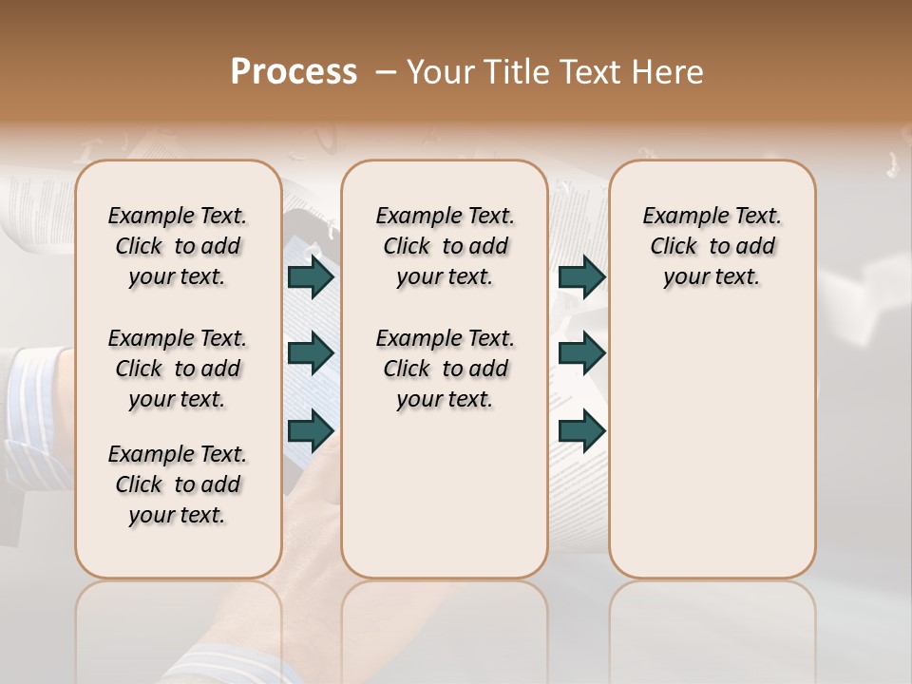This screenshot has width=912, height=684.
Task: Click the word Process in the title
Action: point(294,72)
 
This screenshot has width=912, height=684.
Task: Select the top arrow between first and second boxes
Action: point(310,276)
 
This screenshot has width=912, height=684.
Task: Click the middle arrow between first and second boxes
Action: point(310,353)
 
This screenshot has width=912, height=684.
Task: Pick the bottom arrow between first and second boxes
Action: point(310,431)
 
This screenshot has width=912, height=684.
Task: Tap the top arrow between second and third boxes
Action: point(581,276)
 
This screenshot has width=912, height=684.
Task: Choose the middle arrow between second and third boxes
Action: point(581,353)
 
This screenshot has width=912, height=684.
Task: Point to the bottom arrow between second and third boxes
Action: point(581,431)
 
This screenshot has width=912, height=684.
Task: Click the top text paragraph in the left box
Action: point(178,246)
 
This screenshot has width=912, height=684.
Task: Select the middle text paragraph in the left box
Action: point(178,369)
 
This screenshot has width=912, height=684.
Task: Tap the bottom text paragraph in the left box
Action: point(178,484)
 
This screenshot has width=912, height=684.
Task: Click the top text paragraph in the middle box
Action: point(445,246)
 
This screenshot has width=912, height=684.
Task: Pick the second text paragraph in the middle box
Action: point(445,369)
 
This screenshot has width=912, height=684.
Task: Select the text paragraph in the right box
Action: point(712,246)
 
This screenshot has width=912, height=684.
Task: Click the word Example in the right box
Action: point(678,217)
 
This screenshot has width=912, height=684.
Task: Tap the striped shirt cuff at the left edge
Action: point(33,389)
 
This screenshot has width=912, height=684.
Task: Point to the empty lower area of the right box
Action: point(712,446)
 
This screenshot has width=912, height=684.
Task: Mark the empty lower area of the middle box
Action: point(445,494)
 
